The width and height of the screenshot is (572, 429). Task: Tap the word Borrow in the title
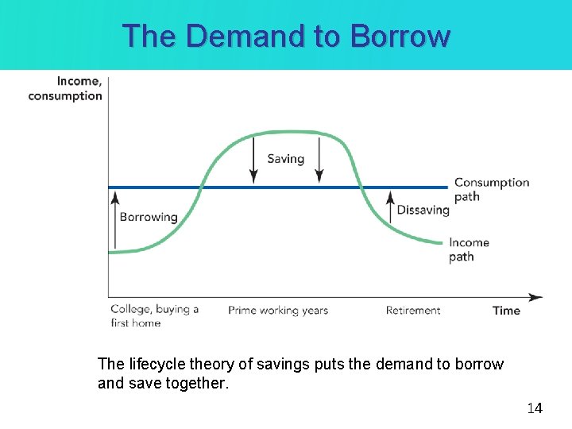(400, 36)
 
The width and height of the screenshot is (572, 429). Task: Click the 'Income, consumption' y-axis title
(66, 88)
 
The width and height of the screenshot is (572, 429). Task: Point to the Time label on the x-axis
(506, 311)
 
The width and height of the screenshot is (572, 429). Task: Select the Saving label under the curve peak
(286, 159)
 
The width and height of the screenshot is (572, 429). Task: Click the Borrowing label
(149, 217)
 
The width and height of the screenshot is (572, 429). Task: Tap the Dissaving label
(423, 211)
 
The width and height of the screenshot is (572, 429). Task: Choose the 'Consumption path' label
(491, 189)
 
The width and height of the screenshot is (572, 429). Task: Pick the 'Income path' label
(469, 249)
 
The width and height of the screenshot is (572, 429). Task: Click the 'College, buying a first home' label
(154, 315)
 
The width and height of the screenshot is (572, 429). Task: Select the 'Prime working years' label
(278, 311)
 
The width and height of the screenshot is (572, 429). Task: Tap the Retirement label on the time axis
(413, 311)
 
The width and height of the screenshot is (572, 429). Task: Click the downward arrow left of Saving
(253, 159)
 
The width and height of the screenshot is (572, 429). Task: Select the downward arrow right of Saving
(319, 159)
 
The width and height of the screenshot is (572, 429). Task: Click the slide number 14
(535, 408)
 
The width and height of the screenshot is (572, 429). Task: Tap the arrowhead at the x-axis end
(537, 298)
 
